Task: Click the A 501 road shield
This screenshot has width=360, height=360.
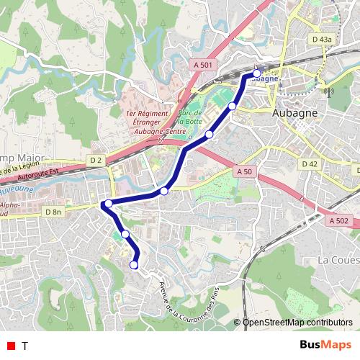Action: click(204, 65)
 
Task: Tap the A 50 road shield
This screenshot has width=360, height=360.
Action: click(244, 172)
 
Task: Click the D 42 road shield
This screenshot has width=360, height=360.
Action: click(310, 164)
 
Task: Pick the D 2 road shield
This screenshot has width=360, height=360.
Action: click(96, 159)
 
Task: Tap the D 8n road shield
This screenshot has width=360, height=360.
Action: click(54, 212)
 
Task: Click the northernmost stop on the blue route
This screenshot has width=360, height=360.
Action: click(257, 73)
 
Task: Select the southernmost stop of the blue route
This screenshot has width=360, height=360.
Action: click(133, 266)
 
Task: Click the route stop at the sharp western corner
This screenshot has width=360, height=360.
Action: click(108, 204)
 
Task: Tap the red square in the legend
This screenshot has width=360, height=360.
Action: click(10, 346)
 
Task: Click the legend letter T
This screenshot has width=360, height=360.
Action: click(24, 346)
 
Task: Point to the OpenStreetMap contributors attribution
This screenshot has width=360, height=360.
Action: click(297, 322)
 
